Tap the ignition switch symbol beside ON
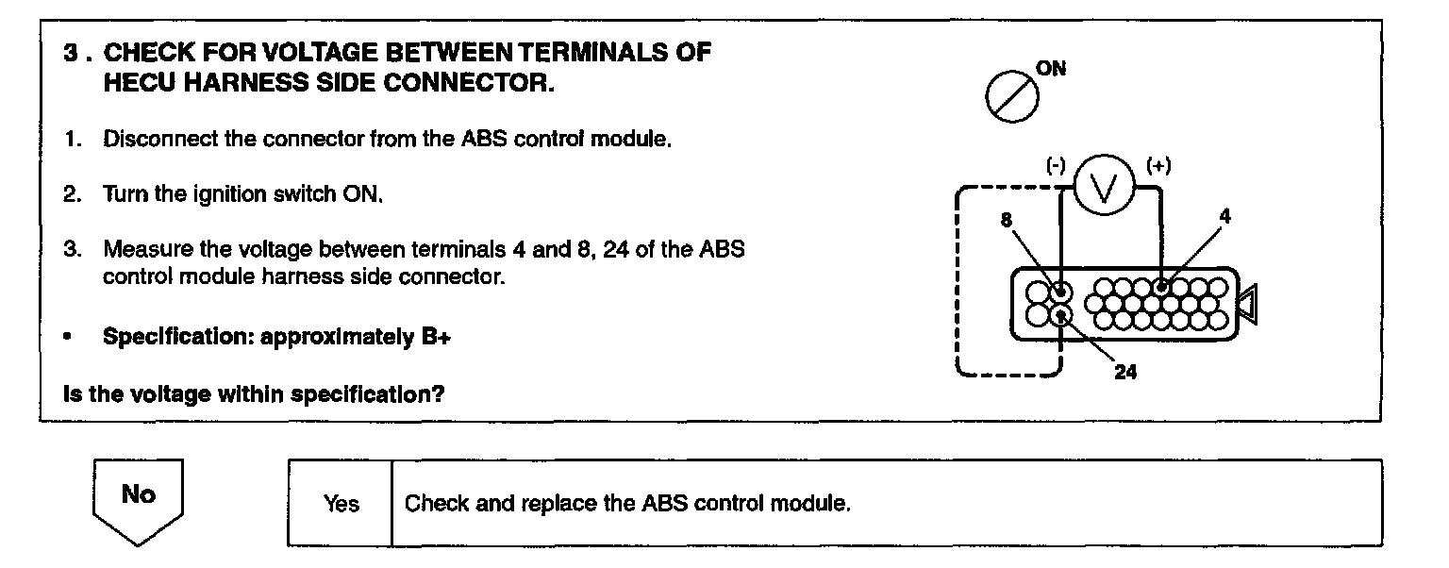pos(1007,97)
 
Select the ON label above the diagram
pos(1052,69)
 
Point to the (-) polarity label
pos(1056,166)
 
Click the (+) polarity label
pos(1158,166)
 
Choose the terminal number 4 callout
pos(1224,216)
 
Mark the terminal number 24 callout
pos(1125,372)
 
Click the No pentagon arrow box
pos(138,500)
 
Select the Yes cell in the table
pos(341,504)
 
